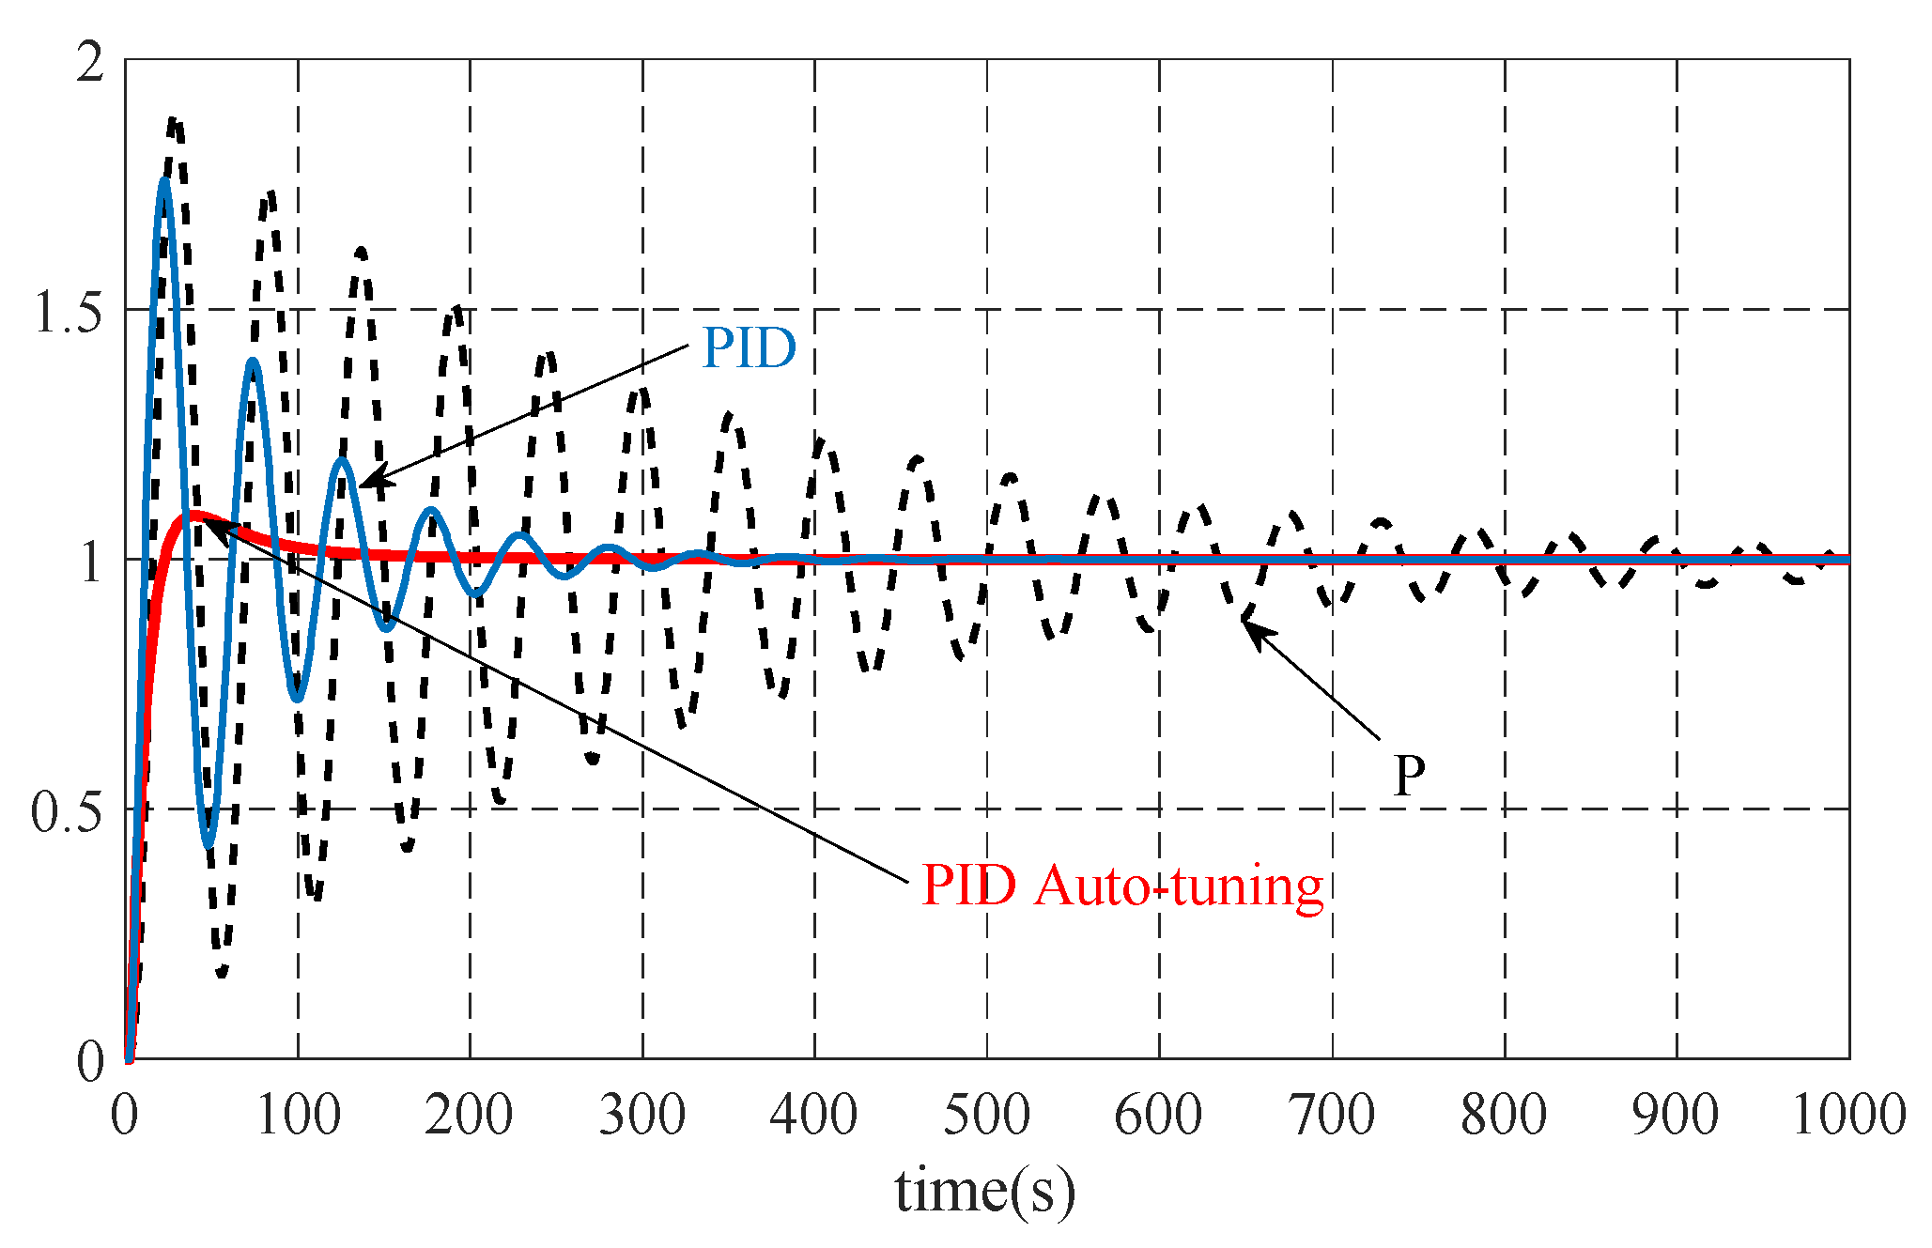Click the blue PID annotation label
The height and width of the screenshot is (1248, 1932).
click(x=750, y=348)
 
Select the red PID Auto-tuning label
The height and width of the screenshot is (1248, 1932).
click(x=1121, y=886)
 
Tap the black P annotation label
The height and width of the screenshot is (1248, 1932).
click(x=1408, y=777)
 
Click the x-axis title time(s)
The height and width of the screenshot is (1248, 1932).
click(x=984, y=1191)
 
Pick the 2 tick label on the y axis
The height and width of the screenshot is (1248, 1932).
click(x=90, y=64)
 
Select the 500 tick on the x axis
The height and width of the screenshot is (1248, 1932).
click(x=986, y=1117)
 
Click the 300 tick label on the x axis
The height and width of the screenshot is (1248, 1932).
click(x=642, y=1117)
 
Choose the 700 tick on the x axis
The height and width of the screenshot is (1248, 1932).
click(x=1332, y=1117)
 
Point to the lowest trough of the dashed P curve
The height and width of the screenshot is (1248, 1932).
click(x=222, y=975)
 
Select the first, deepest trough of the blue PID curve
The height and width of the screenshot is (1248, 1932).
click(x=209, y=844)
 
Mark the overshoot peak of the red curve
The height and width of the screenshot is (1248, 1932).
click(x=194, y=515)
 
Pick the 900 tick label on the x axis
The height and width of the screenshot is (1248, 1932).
click(x=1676, y=1117)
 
